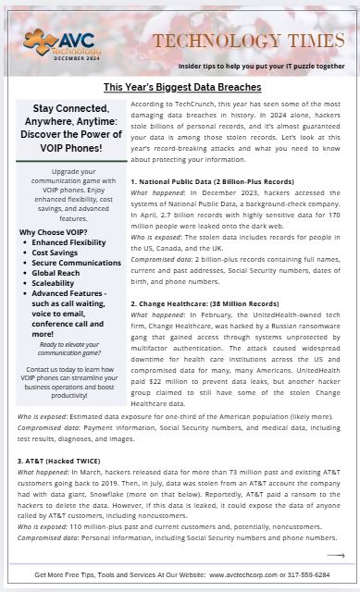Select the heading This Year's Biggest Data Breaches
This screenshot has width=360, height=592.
coord(181,87)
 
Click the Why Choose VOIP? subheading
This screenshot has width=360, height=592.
coord(54,232)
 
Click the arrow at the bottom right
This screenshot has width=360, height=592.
coord(335,555)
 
